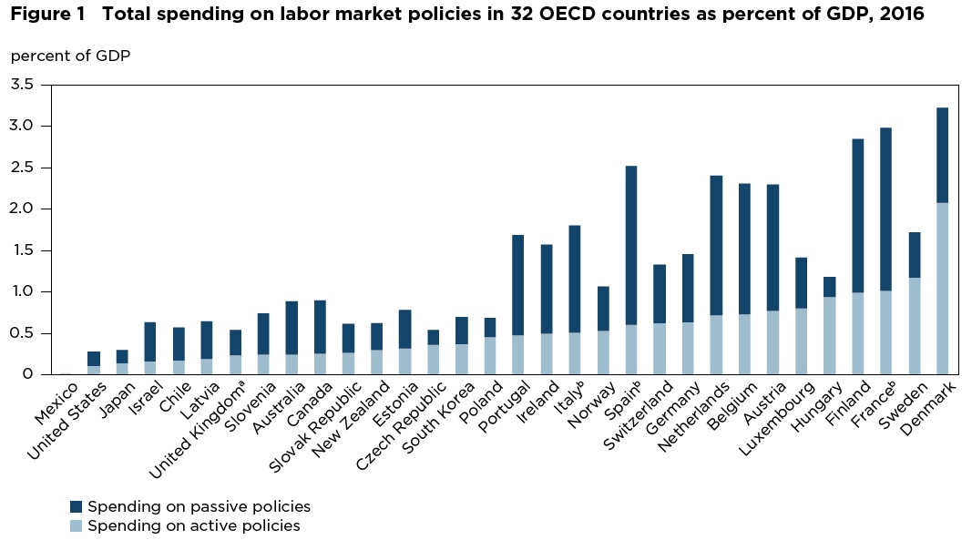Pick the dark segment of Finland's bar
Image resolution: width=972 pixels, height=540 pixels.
857,215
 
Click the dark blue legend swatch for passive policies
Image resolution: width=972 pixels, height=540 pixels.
77,506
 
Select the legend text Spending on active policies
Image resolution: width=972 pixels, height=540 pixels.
194,525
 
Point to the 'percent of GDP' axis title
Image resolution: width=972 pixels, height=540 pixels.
70,56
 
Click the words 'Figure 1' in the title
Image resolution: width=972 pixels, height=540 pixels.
43,15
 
